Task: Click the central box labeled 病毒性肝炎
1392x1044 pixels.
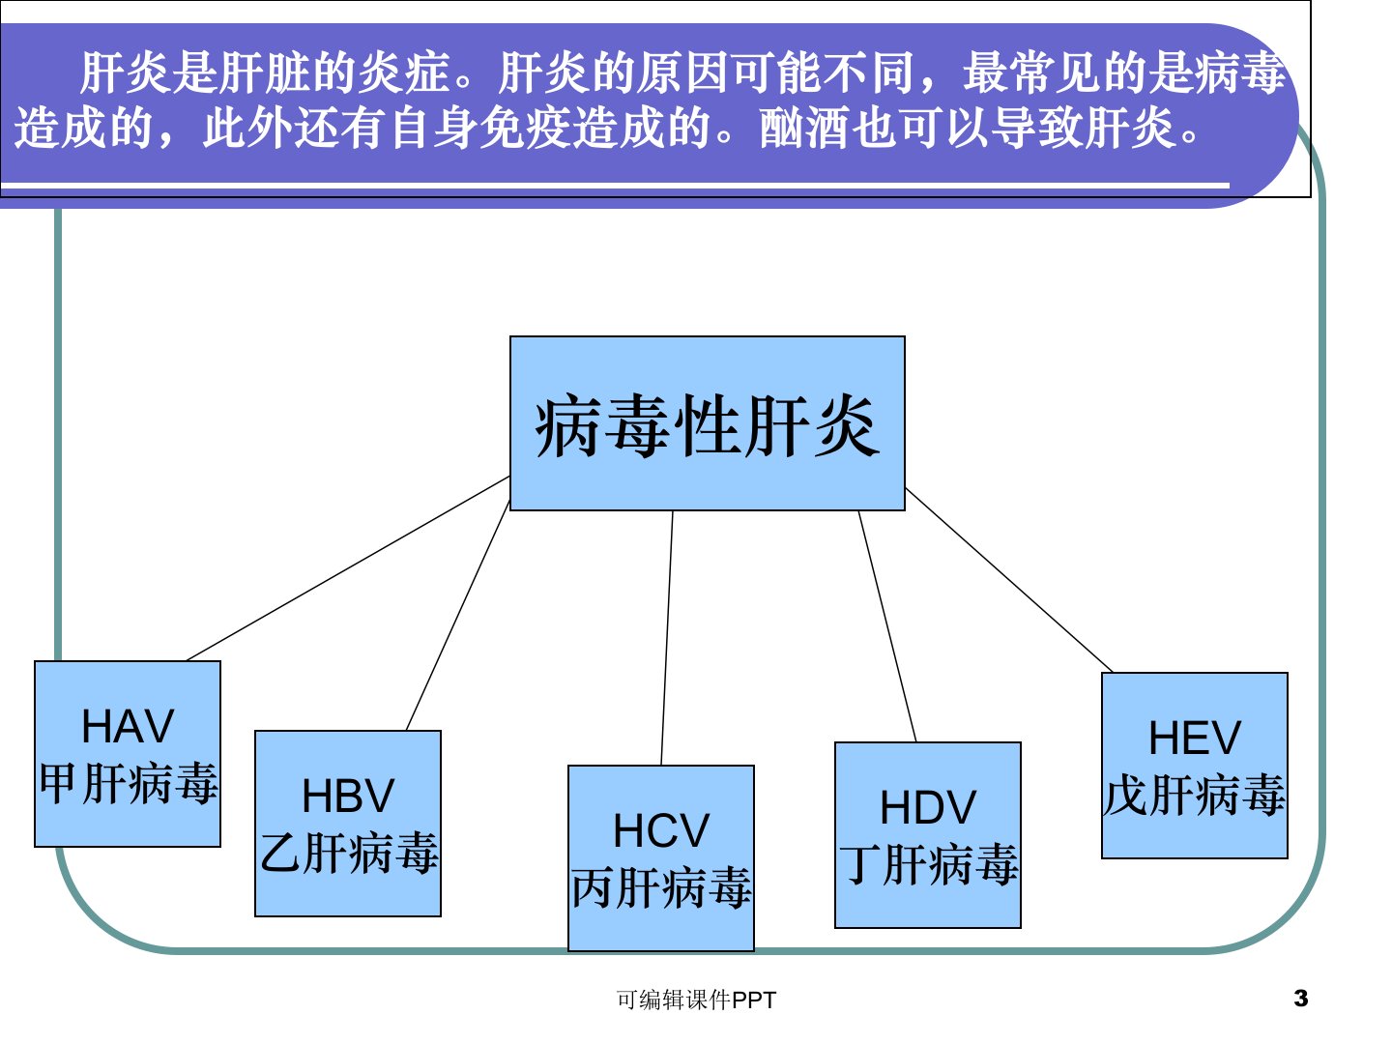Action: tap(707, 422)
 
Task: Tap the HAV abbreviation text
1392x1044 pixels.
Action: tap(128, 726)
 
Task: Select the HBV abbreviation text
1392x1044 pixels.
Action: tap(348, 796)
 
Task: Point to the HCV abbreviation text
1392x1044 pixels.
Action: tap(661, 830)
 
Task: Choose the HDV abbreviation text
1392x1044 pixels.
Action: tap(928, 807)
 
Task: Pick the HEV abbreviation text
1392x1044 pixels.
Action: tap(1195, 738)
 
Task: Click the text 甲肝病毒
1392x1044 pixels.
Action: tap(129, 783)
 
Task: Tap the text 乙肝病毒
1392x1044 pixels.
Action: tap(349, 853)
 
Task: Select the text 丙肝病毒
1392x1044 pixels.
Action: tap(661, 887)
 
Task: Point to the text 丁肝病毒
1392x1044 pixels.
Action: tap(928, 864)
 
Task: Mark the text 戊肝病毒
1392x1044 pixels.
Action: tap(1195, 795)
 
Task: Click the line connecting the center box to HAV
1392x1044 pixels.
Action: tap(348, 568)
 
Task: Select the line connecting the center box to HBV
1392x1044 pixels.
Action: tap(458, 616)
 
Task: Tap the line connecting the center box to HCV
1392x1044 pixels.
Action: tap(666, 638)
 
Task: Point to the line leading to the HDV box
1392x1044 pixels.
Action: tap(887, 626)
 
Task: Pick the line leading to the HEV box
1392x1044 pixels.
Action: tap(1009, 580)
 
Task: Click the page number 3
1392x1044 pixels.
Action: tap(1301, 999)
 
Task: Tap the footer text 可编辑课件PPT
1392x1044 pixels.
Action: tap(696, 1000)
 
